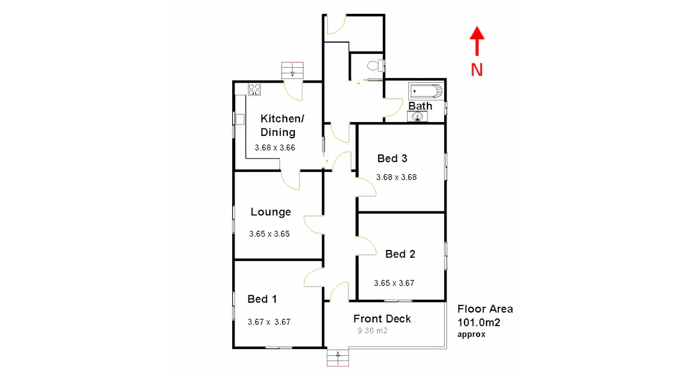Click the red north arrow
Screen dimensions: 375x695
(x=477, y=41)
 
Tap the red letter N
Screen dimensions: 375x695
(x=477, y=70)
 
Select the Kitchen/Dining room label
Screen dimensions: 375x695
(x=281, y=125)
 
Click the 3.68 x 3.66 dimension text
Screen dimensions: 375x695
(x=275, y=148)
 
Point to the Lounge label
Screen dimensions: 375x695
(x=270, y=212)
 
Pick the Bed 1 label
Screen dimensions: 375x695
(x=262, y=299)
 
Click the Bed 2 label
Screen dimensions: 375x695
(x=400, y=254)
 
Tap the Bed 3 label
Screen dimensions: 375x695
(x=392, y=159)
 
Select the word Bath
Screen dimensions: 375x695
(x=420, y=106)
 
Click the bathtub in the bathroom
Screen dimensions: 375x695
(x=426, y=91)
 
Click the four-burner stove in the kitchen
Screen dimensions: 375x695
(x=255, y=89)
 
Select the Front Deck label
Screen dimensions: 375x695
(x=382, y=319)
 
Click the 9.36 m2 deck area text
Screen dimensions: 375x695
(x=372, y=332)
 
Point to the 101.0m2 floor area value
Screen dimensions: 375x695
(x=478, y=322)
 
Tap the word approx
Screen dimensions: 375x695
(x=471, y=334)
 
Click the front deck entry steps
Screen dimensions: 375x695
(x=338, y=358)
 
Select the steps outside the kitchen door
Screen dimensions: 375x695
(x=292, y=71)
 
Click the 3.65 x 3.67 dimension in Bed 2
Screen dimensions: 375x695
(x=394, y=284)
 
